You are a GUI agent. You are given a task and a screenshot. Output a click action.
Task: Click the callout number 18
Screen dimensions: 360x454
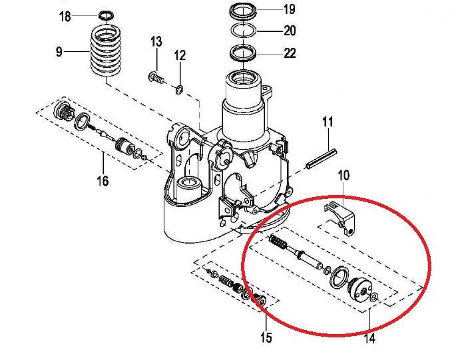coord(65,16)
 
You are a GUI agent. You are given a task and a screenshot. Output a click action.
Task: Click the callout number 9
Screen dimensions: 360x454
coord(59,52)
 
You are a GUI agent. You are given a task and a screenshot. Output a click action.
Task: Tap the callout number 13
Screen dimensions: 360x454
coord(156,42)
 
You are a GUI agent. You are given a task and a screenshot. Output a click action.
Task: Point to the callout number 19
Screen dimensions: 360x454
coord(289,9)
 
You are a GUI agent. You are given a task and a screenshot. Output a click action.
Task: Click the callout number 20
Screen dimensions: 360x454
coord(289,31)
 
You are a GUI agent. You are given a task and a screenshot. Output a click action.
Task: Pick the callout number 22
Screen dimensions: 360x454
coord(289,53)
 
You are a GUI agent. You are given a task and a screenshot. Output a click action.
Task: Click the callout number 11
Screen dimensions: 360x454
coord(328,122)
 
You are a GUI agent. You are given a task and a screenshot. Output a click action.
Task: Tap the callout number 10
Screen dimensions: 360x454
coord(343,176)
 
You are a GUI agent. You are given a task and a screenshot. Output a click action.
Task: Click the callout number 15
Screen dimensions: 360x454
coord(266,338)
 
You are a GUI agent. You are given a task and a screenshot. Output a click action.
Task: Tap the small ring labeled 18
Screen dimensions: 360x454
coord(105,15)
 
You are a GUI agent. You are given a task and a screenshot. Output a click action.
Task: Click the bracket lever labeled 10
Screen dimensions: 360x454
coord(342,217)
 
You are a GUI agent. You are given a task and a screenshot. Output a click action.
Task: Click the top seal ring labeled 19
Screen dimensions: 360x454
coord(244,11)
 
